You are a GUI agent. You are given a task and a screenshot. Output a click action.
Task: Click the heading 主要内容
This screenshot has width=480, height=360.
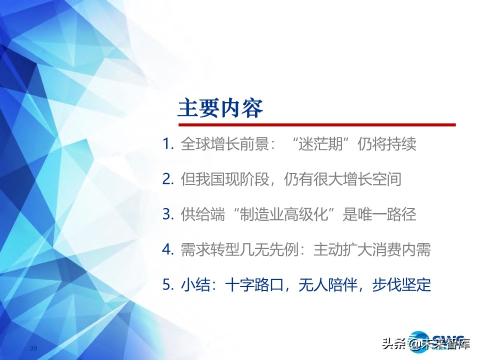(x=220, y=108)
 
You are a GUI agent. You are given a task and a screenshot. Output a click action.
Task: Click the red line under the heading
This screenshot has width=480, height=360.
(x=317, y=124)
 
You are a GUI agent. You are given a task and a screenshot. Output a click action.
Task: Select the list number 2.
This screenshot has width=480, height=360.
(x=167, y=179)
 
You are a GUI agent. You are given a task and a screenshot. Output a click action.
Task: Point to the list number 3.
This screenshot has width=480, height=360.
(x=167, y=214)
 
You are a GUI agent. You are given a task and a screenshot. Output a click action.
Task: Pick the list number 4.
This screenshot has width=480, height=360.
(x=167, y=249)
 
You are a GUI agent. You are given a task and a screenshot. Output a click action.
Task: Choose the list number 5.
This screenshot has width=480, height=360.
(x=167, y=284)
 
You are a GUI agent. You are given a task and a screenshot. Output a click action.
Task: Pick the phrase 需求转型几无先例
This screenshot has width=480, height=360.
(x=236, y=249)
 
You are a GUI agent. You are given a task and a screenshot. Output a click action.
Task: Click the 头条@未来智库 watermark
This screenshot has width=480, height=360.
(x=425, y=344)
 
